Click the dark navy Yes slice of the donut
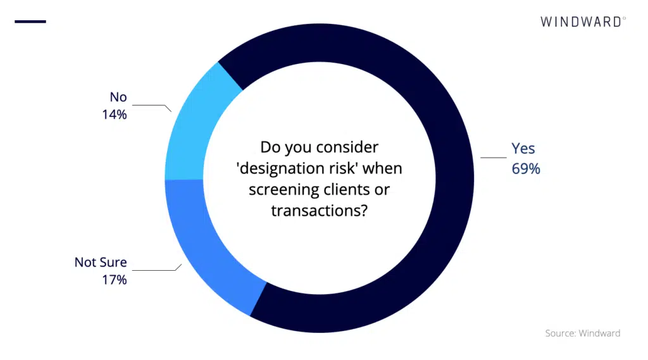coord(454,178)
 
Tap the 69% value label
coord(526,169)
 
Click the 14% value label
coord(114,114)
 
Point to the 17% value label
coord(114,280)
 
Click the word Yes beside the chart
coord(523,149)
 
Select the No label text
coord(118,97)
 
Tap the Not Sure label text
coord(101,262)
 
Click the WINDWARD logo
coord(583,22)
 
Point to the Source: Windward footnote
coord(583,333)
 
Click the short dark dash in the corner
coord(30,22)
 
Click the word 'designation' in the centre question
coord(286,168)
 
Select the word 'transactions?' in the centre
coord(320,211)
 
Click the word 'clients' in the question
coord(341,189)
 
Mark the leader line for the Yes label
coord(494,158)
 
